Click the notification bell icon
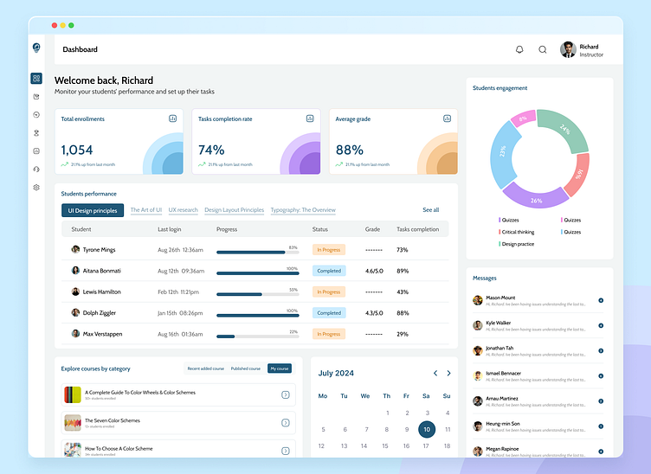click(x=519, y=49)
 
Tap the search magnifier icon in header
click(x=543, y=49)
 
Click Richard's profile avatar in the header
click(x=568, y=49)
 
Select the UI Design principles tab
click(x=92, y=210)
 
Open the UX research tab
click(x=183, y=210)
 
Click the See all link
click(x=430, y=210)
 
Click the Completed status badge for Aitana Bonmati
click(x=329, y=271)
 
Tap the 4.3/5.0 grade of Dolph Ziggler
click(x=374, y=313)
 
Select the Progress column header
click(x=227, y=229)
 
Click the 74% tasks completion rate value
click(x=211, y=150)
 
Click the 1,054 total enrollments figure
click(x=77, y=150)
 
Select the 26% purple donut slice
click(x=536, y=198)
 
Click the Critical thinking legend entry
click(x=517, y=232)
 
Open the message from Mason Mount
click(x=500, y=298)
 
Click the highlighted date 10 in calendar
click(x=426, y=429)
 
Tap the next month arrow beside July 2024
click(x=448, y=374)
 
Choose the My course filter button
click(x=279, y=368)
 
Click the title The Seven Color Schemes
click(x=113, y=420)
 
